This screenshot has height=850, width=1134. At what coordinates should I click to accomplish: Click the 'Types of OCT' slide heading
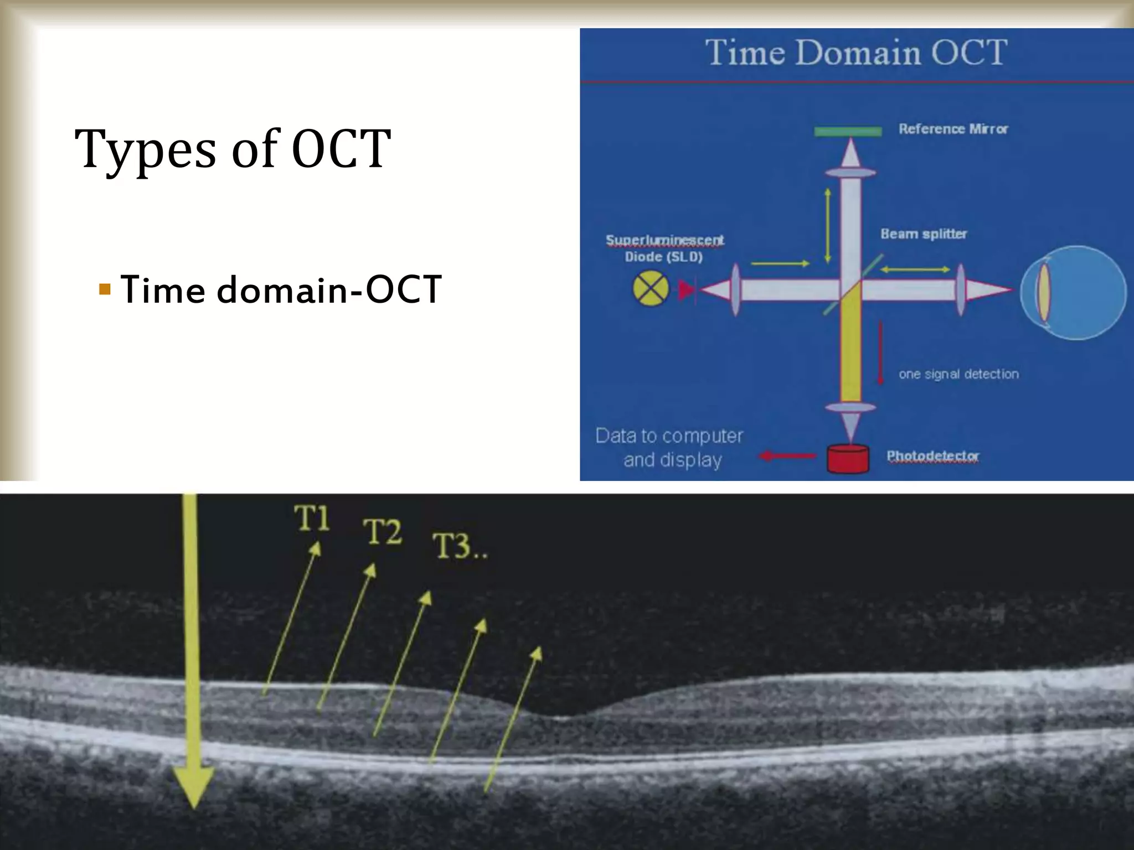click(x=233, y=148)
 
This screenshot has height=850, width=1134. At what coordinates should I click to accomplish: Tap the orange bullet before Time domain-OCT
click(x=105, y=288)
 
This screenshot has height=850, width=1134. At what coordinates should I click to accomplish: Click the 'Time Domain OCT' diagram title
click(x=856, y=53)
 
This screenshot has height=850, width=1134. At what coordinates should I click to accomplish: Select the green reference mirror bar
click(x=848, y=131)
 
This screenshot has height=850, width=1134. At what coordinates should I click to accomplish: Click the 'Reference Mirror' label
click(x=953, y=129)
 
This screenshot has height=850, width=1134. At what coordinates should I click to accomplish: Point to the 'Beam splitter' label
click(x=924, y=234)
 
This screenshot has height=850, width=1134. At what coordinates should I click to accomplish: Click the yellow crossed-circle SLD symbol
click(x=651, y=289)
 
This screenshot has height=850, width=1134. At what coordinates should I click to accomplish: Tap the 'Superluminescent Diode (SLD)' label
click(x=664, y=248)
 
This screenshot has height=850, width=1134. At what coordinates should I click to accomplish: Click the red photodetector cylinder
click(x=848, y=459)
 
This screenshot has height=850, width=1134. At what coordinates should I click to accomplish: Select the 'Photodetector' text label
click(x=932, y=456)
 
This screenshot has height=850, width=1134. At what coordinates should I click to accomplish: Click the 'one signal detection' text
click(x=958, y=374)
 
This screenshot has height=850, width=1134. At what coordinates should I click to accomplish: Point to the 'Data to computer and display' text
click(x=669, y=448)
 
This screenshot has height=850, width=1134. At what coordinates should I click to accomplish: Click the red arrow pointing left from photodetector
click(x=787, y=456)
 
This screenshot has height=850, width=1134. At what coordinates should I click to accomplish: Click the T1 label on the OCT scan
click(x=312, y=519)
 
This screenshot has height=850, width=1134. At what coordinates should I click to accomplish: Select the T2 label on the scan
click(x=382, y=532)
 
